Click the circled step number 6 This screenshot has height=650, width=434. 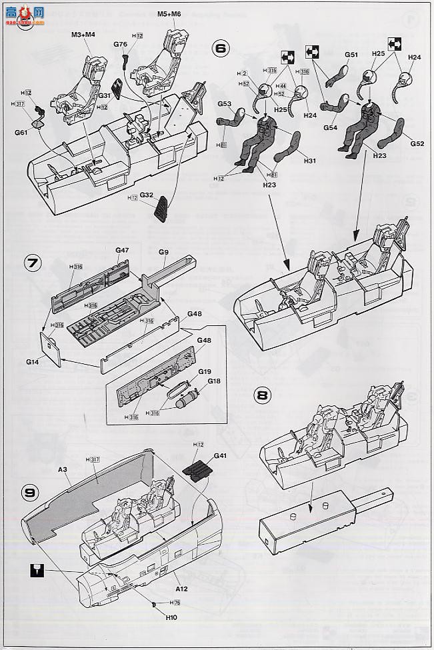221,50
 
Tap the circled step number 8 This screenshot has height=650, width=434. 263,395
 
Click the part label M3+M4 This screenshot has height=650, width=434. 83,35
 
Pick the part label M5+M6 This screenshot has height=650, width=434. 170,13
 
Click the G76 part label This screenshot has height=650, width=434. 120,44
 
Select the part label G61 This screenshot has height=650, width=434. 21,133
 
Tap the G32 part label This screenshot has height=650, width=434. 147,195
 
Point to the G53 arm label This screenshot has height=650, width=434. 224,104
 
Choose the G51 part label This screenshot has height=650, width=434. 351,55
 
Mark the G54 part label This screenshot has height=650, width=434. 331,127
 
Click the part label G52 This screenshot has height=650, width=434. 417,143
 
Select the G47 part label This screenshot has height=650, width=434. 121,250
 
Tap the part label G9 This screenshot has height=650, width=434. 164,253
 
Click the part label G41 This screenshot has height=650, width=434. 221,456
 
